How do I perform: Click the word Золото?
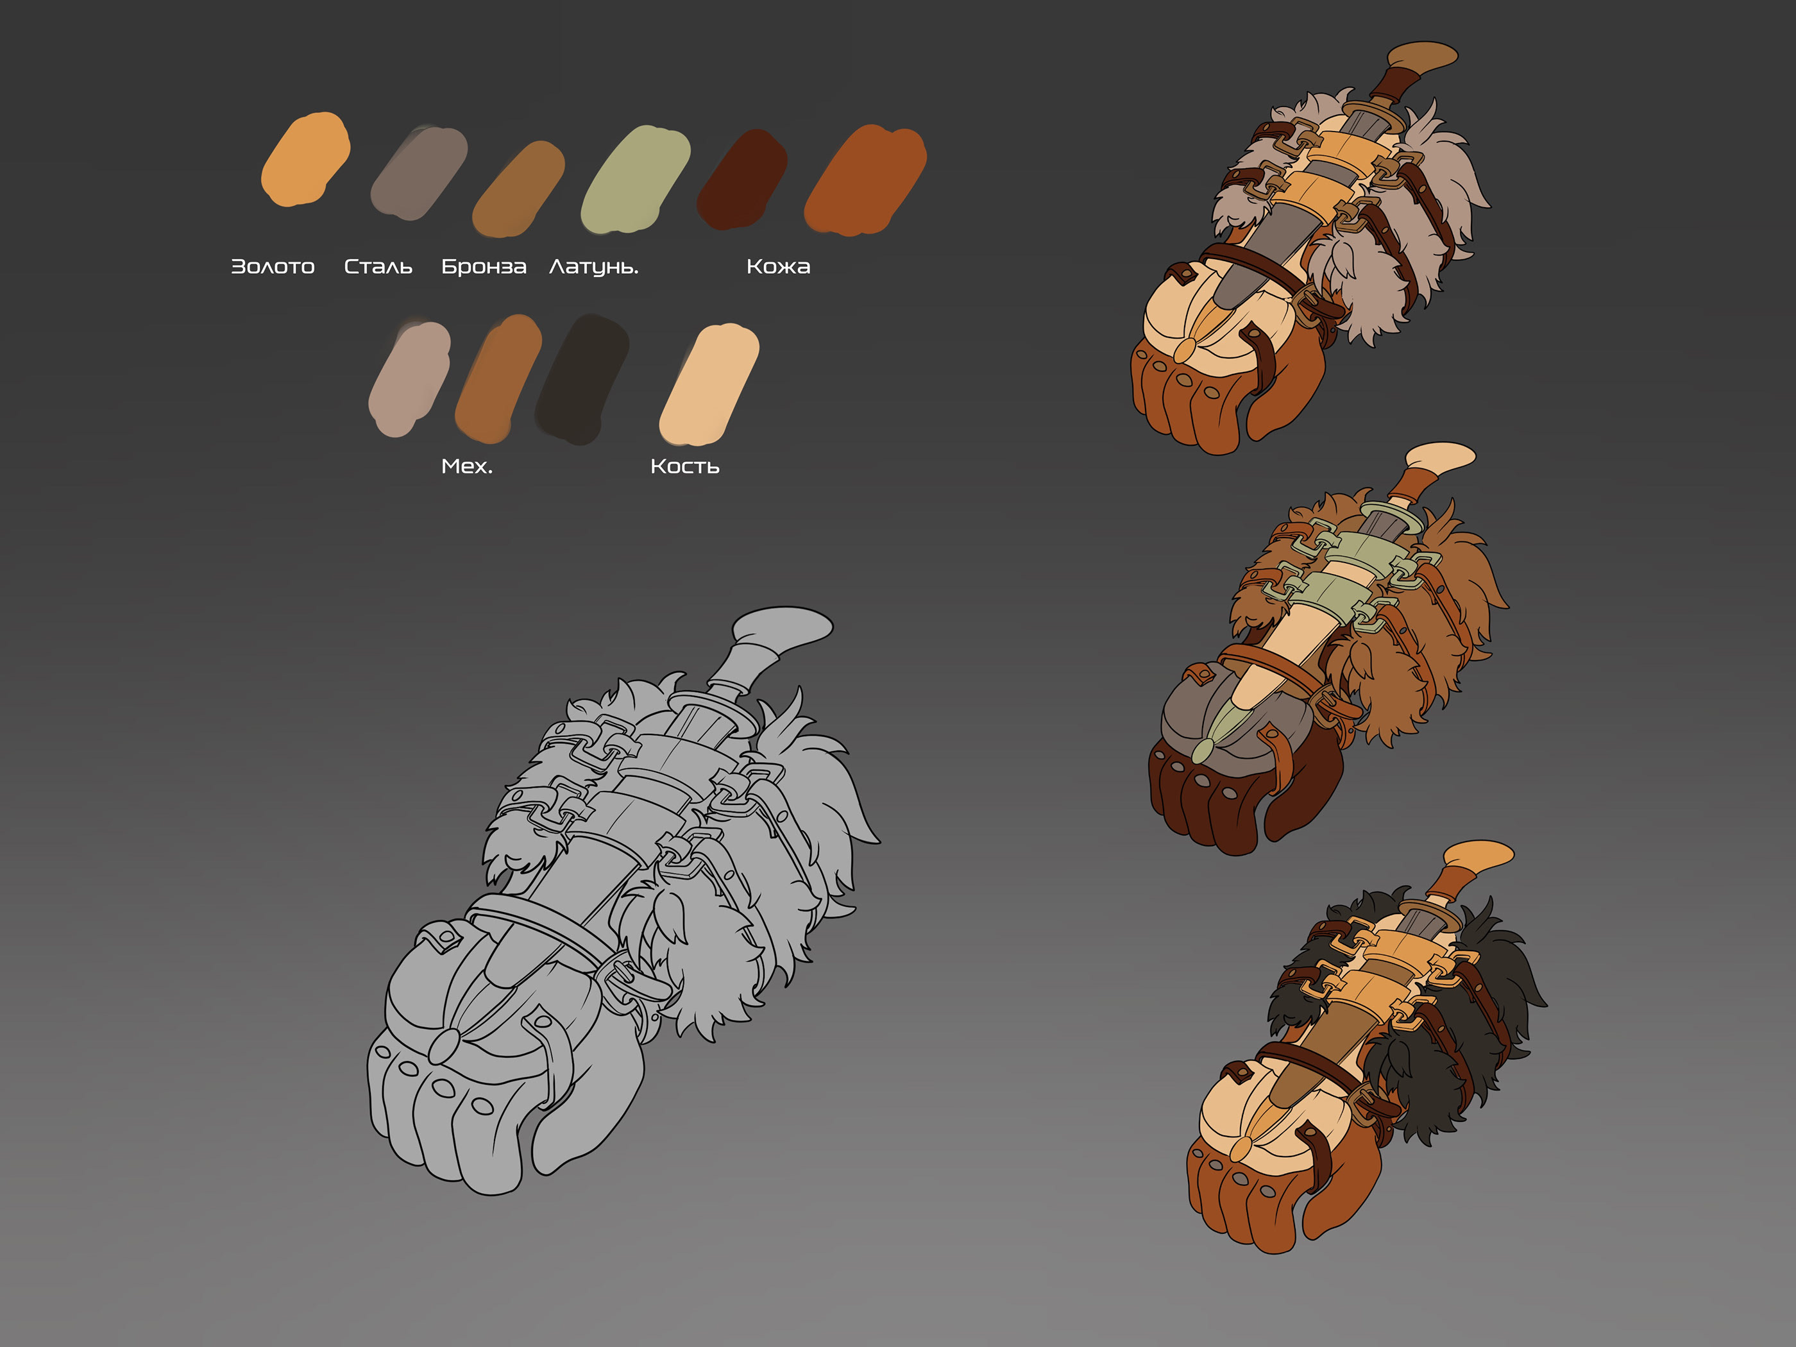pyautogui.click(x=273, y=266)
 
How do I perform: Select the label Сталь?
pyautogui.click(x=378, y=266)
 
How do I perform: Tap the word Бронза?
pyautogui.click(x=484, y=266)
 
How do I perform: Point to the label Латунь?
pyautogui.click(x=593, y=267)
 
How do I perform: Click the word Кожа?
pyautogui.click(x=778, y=266)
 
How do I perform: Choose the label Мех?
pyautogui.click(x=467, y=466)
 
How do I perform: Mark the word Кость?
pyautogui.click(x=684, y=466)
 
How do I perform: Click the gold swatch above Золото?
pyautogui.click(x=305, y=158)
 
